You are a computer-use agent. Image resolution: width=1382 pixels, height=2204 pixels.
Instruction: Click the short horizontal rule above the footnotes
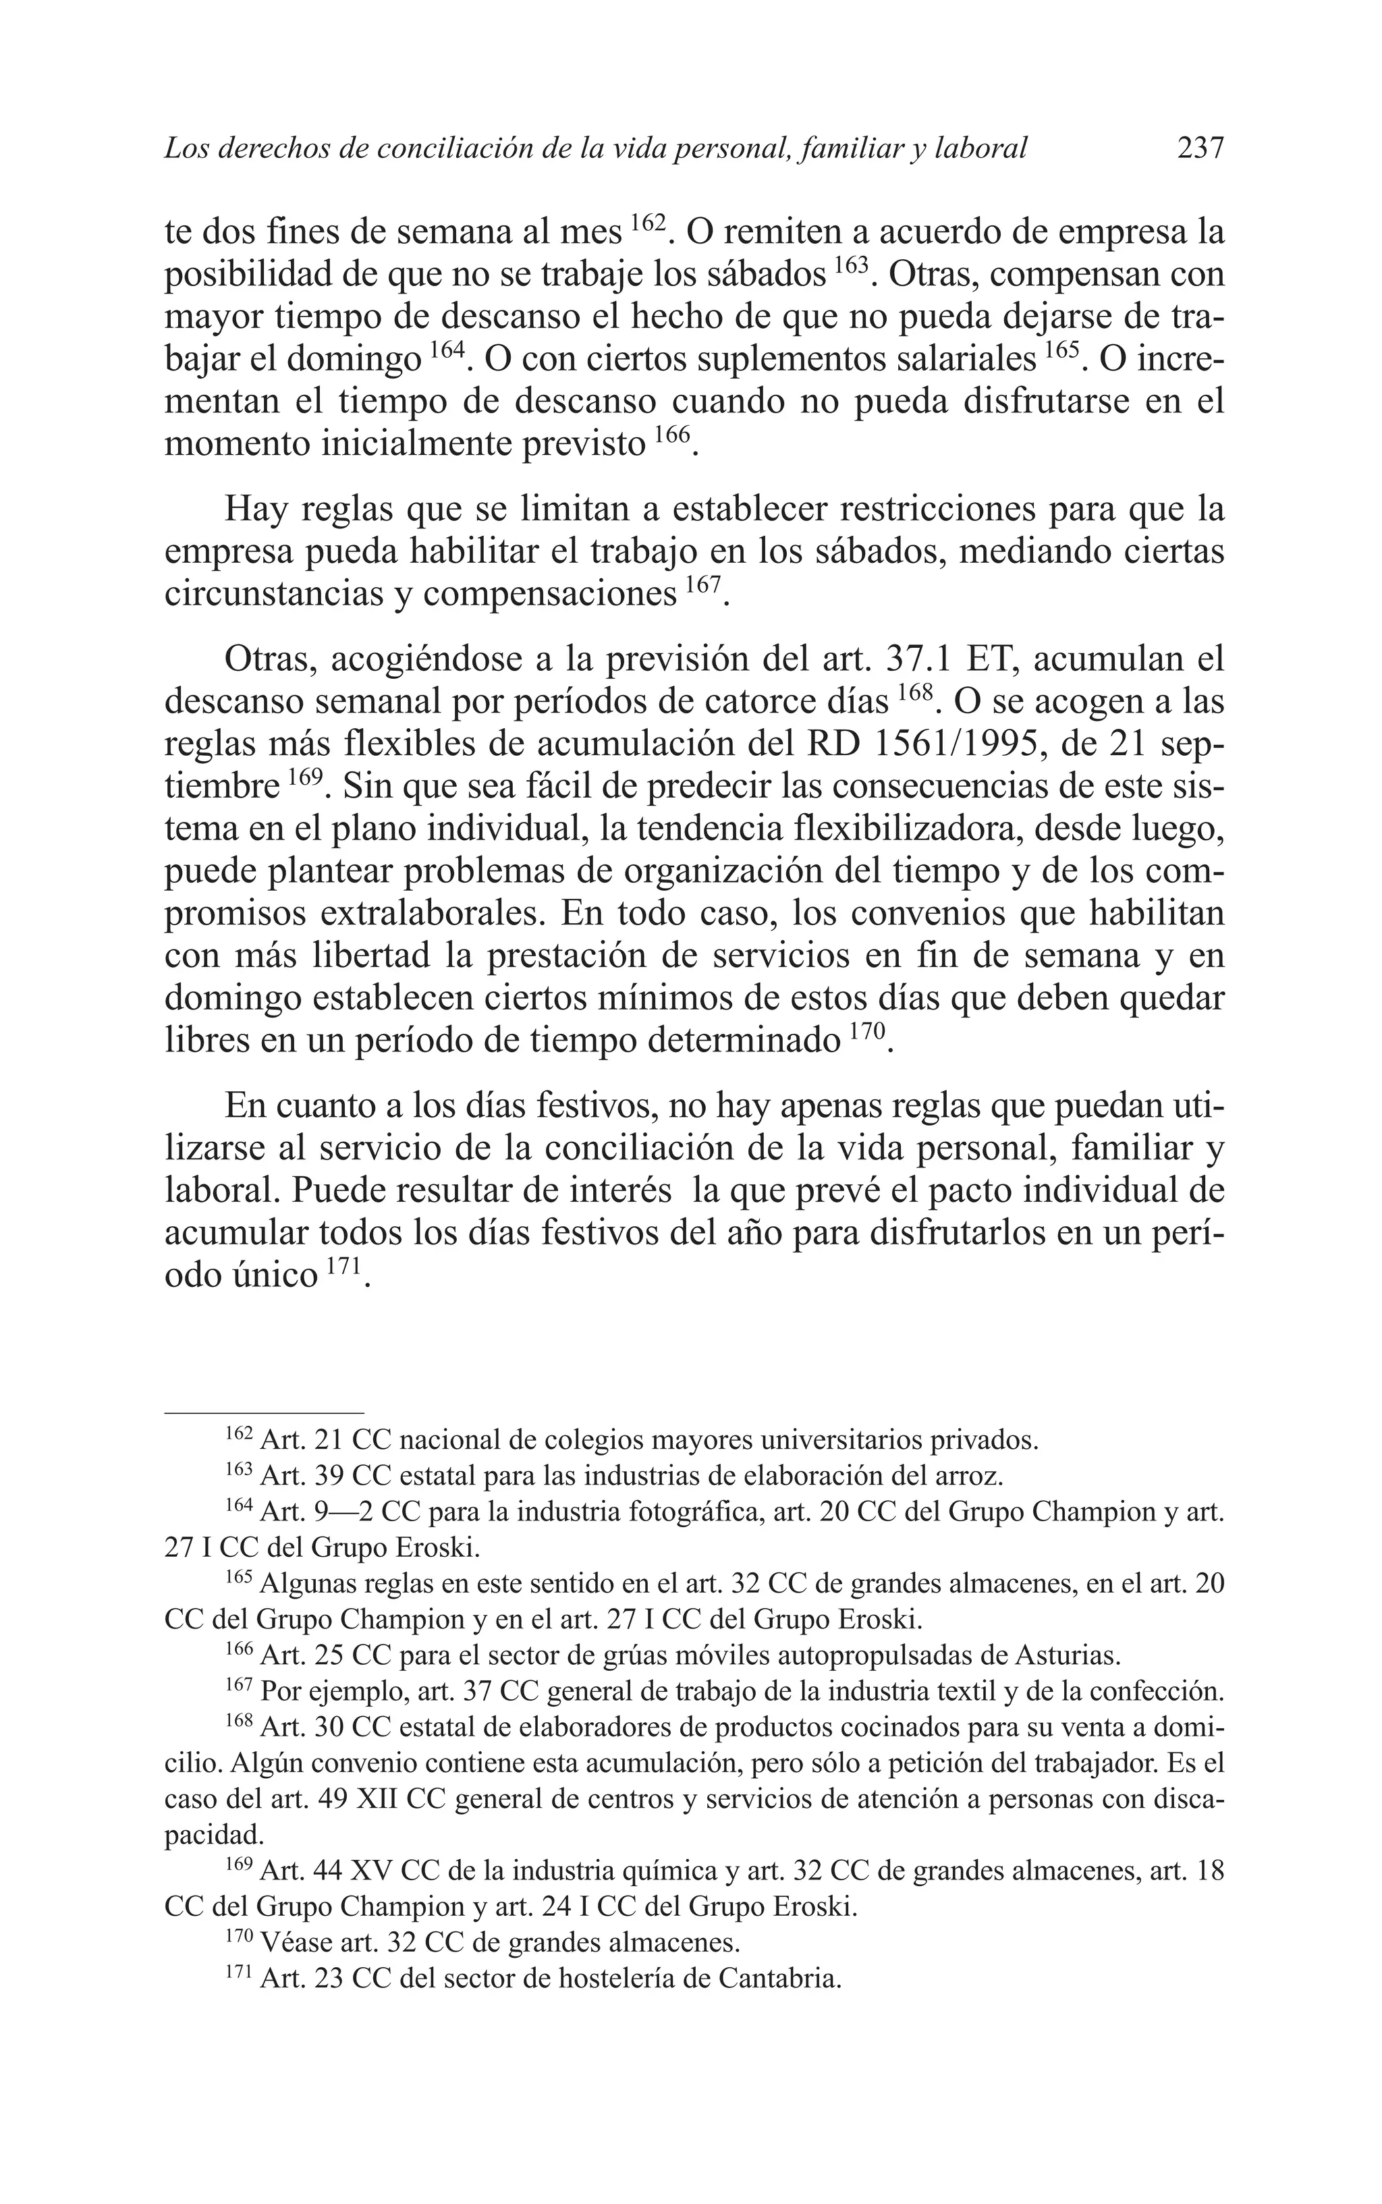click(263, 1412)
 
